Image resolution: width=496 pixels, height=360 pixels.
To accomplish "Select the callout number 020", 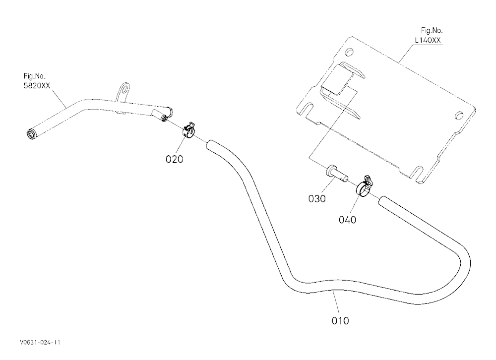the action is tap(174, 159).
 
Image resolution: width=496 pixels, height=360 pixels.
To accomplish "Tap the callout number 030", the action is tap(316, 199).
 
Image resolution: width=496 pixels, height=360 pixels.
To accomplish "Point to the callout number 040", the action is tap(347, 220).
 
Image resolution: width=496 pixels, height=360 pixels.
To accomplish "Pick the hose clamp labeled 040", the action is tap(365, 186).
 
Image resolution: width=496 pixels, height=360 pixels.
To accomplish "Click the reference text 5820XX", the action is tap(37, 85).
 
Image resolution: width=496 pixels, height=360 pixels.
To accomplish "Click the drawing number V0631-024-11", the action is tap(40, 342).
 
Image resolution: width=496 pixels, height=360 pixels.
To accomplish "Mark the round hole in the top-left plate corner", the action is tap(349, 51).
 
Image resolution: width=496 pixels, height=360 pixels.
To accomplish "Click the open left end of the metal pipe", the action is tap(31, 133).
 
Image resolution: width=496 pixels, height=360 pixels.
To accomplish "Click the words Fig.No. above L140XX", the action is tap(432, 30).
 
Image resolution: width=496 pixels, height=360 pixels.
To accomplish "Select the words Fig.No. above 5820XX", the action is tap(35, 76).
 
